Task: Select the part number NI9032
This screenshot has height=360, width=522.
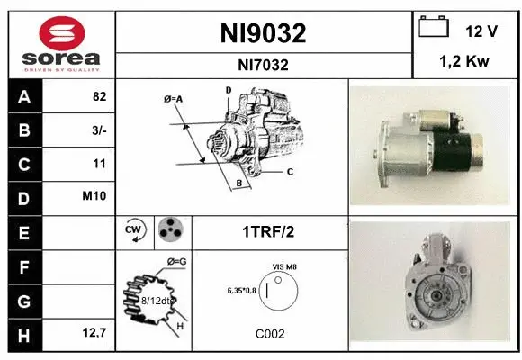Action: (264, 33)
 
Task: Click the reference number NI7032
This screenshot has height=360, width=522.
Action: (264, 64)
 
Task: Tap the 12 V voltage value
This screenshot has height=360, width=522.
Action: (481, 31)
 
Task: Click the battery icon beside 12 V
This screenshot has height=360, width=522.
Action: (434, 28)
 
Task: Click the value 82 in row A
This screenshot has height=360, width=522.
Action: (99, 97)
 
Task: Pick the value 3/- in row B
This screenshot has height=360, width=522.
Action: (98, 130)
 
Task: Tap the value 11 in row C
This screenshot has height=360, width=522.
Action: (99, 164)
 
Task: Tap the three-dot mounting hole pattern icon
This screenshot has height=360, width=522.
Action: (171, 232)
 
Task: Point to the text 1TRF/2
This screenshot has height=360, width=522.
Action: (269, 232)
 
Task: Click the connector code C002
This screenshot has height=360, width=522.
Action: (269, 333)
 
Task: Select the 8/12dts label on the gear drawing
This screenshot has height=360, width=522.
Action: (154, 301)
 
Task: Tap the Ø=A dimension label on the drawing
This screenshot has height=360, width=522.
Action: (174, 99)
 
